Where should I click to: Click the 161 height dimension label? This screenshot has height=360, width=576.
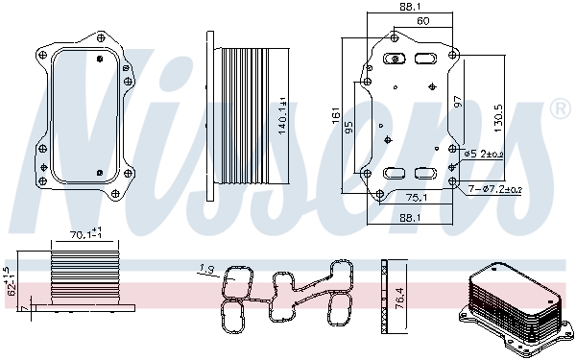[x=336, y=115]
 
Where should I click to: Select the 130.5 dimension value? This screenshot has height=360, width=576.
[x=498, y=118]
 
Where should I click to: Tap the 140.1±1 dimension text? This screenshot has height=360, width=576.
[x=282, y=116]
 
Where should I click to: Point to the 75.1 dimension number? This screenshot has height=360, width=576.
[x=417, y=198]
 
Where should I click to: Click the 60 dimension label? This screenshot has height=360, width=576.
[x=423, y=21]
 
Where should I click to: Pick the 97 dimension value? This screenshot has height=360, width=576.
[x=458, y=102]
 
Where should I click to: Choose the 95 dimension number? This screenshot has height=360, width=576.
[x=349, y=127]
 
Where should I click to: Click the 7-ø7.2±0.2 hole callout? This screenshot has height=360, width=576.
[x=495, y=189]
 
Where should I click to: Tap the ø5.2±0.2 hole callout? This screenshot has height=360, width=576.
[x=484, y=155]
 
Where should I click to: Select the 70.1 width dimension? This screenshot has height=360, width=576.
[x=85, y=233]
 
